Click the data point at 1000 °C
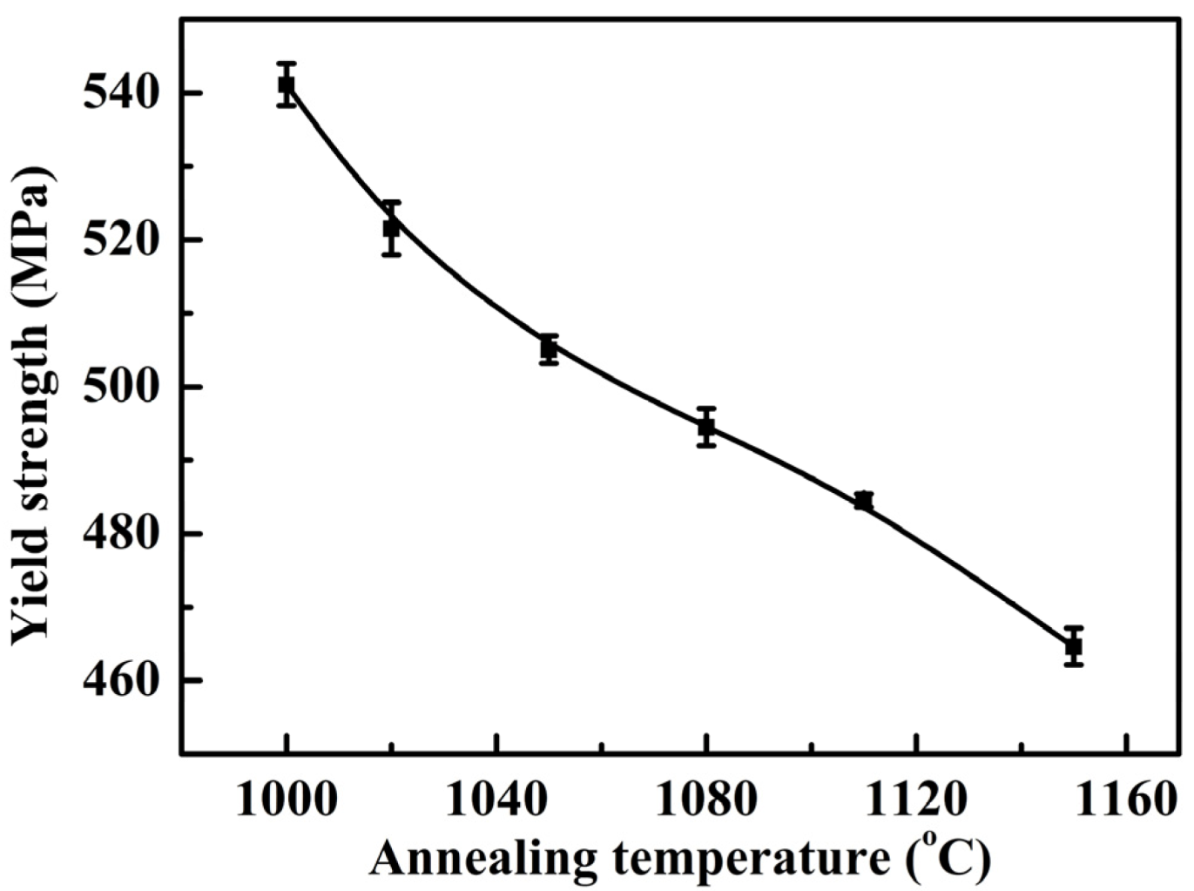(286, 84)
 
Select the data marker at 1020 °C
(391, 228)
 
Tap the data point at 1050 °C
(549, 349)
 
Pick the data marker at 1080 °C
(706, 427)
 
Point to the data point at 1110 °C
(863, 501)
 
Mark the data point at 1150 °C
(1073, 646)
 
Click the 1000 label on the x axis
(286, 800)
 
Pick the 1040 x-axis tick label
(496, 800)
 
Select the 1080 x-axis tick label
(705, 800)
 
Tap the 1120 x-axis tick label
(916, 800)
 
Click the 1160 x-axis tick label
(1126, 800)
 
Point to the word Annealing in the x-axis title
(483, 860)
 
